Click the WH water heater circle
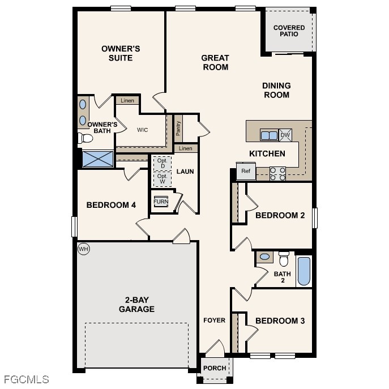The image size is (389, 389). click(x=83, y=249)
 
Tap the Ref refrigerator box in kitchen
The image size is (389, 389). click(x=246, y=171)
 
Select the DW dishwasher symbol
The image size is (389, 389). click(x=285, y=135)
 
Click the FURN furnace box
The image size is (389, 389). click(x=161, y=202)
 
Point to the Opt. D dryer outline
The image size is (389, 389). click(x=162, y=163)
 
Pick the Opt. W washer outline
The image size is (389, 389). click(x=162, y=179)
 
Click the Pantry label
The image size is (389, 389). click(x=178, y=128)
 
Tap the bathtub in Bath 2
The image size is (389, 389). click(x=304, y=272)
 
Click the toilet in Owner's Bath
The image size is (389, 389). click(x=86, y=138)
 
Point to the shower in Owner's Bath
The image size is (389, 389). click(x=97, y=159)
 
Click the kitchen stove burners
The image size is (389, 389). click(x=277, y=173)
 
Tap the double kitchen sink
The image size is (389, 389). click(x=268, y=135)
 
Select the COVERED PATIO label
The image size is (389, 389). click(x=289, y=31)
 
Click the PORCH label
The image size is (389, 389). click(x=215, y=368)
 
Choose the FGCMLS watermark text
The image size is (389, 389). click(x=26, y=379)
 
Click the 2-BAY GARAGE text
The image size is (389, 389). click(x=136, y=305)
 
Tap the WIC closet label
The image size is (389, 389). click(x=143, y=130)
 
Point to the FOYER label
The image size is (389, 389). click(x=215, y=320)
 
